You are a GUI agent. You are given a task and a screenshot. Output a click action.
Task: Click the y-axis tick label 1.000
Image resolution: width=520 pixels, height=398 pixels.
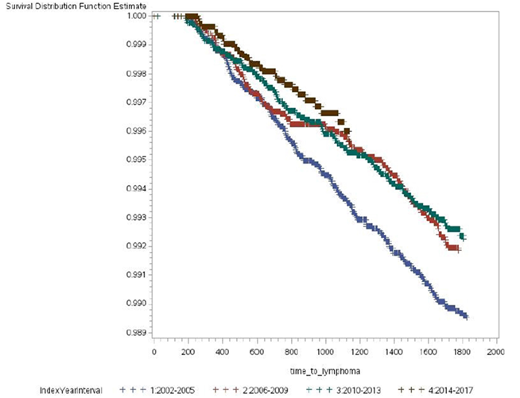[x=132, y=16]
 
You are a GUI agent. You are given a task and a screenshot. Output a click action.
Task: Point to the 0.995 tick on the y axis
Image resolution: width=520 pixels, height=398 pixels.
[x=132, y=160]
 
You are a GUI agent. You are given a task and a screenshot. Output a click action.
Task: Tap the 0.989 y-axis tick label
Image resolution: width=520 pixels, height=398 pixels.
[x=132, y=333]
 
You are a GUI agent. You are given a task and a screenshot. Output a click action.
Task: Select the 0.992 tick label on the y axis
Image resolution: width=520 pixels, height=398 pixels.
[x=132, y=246]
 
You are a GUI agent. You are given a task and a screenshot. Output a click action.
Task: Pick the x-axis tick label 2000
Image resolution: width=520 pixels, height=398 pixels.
[x=495, y=350]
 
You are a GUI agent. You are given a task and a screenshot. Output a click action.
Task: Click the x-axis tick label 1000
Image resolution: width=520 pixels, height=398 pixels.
[x=324, y=350]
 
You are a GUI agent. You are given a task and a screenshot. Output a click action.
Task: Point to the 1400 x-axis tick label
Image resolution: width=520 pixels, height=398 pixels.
[x=393, y=350]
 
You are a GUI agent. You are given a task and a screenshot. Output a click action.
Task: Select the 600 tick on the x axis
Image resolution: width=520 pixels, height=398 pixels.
[x=256, y=350]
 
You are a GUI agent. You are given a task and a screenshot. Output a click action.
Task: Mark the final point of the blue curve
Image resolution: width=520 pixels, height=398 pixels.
[x=466, y=316]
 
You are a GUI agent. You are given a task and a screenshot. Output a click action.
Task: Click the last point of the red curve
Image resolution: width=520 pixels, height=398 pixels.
[x=457, y=249]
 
